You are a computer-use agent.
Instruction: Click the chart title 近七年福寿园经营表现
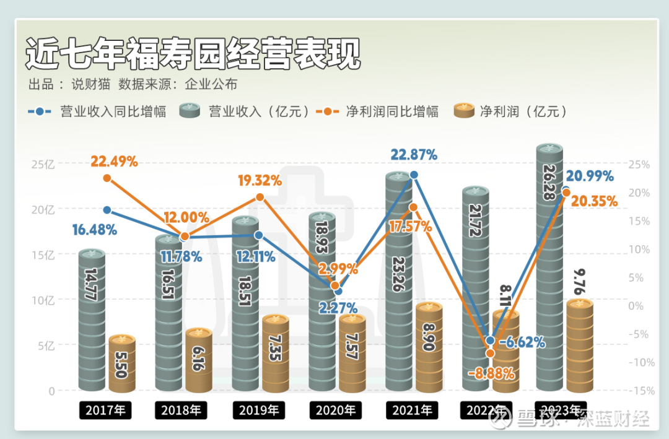point(193,54)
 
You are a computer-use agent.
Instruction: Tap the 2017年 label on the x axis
point(105,410)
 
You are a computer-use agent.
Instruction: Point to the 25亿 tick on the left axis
point(43,165)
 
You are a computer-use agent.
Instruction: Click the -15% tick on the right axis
point(641,391)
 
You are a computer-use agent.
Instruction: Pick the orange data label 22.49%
point(115,162)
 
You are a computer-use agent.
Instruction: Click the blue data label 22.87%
point(414,155)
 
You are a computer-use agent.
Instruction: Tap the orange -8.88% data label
point(492,373)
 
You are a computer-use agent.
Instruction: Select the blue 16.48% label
point(94,230)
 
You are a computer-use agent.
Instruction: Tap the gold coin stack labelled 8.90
point(429,347)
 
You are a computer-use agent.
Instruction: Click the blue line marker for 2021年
point(414,175)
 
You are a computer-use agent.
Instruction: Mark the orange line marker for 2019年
point(260,197)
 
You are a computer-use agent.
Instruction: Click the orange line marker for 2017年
point(107,178)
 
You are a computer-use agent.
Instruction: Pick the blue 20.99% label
point(590,176)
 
